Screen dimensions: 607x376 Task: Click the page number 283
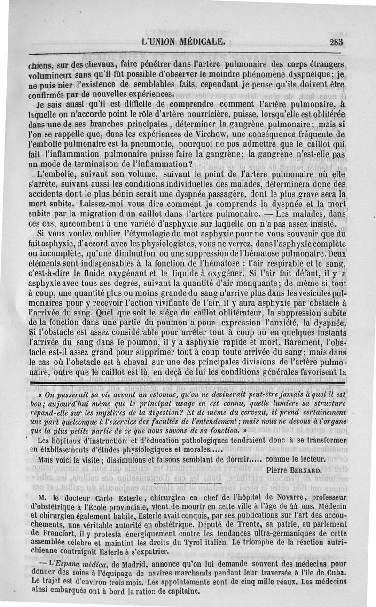(x=337, y=41)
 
